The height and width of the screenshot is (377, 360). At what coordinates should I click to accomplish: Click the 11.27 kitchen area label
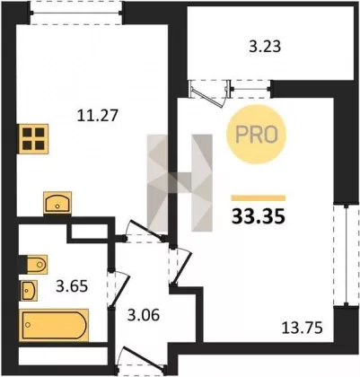point(98,116)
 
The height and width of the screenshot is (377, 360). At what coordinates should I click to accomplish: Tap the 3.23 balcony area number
point(265,47)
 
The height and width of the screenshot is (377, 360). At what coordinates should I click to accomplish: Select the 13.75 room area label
point(303,328)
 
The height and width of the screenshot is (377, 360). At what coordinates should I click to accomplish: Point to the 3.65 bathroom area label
point(72,286)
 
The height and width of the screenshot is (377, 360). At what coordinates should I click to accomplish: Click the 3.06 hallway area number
point(144,315)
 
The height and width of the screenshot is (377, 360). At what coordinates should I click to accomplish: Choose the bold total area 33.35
point(259,216)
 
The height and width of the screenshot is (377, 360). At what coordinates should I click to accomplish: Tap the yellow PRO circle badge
point(257,135)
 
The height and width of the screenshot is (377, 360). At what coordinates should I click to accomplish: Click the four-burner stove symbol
point(33,139)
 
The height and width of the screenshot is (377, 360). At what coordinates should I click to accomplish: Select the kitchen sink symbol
point(57,203)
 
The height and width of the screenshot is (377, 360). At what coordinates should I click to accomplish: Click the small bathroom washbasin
point(29,291)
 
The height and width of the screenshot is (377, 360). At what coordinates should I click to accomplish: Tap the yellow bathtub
point(54,325)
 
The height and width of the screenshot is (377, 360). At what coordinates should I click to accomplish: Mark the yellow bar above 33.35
point(259,198)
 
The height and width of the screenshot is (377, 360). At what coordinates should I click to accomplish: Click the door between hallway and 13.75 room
point(180,265)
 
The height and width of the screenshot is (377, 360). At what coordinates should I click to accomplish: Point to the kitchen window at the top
point(76,13)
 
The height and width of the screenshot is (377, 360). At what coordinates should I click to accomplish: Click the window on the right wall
point(346,255)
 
